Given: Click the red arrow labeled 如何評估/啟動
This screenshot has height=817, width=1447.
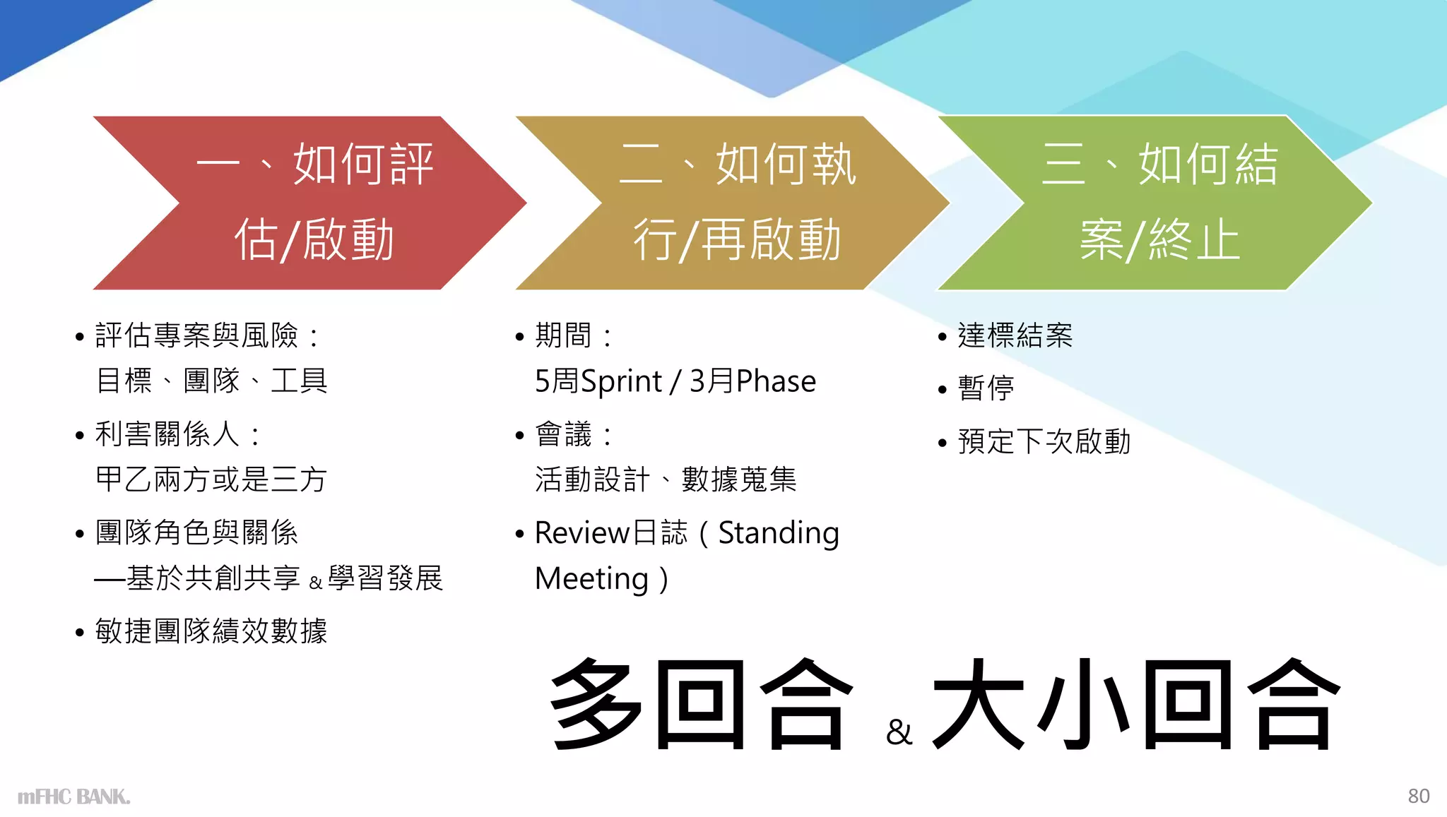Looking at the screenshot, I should [x=311, y=203].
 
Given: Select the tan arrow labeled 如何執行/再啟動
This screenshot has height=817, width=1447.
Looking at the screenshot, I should [x=735, y=203].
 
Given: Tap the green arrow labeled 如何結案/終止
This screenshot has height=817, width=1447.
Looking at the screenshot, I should [x=1159, y=203].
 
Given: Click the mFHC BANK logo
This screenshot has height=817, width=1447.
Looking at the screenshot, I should [x=73, y=797].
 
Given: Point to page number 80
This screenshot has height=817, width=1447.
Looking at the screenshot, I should [x=1418, y=796].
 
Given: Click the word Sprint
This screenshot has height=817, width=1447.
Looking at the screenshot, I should [x=620, y=382].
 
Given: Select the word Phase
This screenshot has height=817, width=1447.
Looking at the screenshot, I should [x=776, y=382].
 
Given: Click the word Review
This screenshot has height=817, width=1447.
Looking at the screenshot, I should [x=581, y=533].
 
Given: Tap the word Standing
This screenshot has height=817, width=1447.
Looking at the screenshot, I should [x=779, y=533].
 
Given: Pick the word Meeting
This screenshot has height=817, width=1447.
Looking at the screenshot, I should [x=591, y=579].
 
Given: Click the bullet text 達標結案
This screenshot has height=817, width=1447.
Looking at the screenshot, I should [x=1015, y=335].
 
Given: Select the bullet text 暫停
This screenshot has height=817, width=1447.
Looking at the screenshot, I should [x=986, y=388].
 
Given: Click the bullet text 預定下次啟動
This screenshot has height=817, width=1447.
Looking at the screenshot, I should [x=1044, y=442].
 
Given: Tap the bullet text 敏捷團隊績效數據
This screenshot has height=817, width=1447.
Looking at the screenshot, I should [x=211, y=631].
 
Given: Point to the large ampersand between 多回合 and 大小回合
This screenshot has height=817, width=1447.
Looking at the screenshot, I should [x=899, y=732].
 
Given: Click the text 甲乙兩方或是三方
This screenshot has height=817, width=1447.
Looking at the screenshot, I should [x=211, y=480].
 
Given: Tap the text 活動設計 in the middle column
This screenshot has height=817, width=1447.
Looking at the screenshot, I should [x=592, y=480].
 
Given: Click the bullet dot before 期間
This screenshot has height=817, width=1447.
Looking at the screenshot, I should [x=520, y=337].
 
